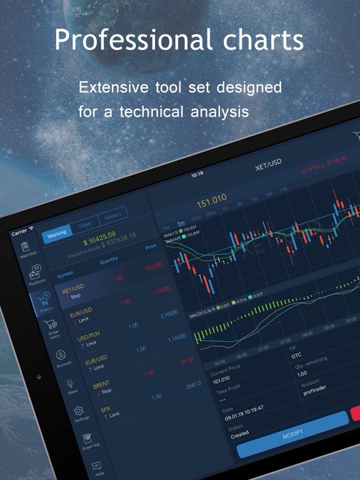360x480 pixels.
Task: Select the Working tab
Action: (56, 233)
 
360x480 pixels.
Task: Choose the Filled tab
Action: (85, 224)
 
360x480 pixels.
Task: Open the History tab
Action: (113, 216)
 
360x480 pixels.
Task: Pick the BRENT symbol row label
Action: (101, 384)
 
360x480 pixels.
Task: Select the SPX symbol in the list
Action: (105, 411)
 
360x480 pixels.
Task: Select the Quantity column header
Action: (108, 259)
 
